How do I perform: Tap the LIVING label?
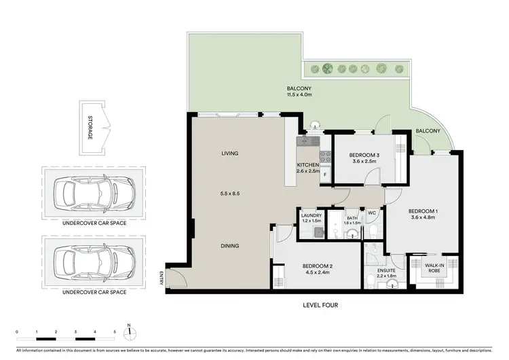point(231,154)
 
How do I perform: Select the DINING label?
point(231,246)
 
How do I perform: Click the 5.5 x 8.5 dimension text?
point(231,194)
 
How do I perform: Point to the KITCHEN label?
point(308,165)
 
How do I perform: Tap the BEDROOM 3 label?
point(356,154)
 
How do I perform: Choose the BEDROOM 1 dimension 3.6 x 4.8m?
point(424,218)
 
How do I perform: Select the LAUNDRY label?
point(312,215)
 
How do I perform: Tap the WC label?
point(371,213)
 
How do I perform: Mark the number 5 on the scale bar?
point(115,332)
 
